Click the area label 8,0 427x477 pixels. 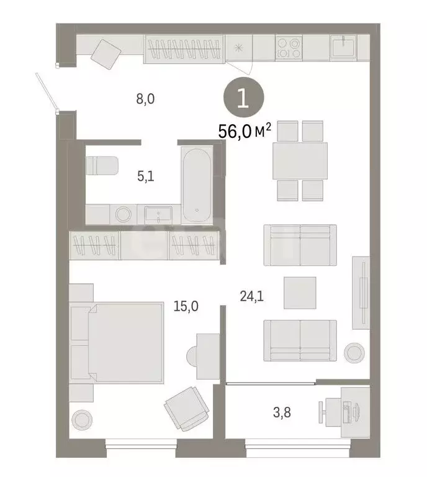pos(145,99)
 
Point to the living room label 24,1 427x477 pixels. pos(252,296)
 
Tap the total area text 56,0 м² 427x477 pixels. pos(246,132)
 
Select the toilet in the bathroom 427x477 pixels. pos(102,165)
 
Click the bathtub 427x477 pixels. pos(197,184)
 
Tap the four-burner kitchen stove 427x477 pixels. pos(289,48)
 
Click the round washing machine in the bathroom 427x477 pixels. pos(123,215)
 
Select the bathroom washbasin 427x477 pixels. pos(160,215)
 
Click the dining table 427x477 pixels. pos(300,160)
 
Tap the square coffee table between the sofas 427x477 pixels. pos(300,292)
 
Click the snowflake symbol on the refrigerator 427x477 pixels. pos(238,48)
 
